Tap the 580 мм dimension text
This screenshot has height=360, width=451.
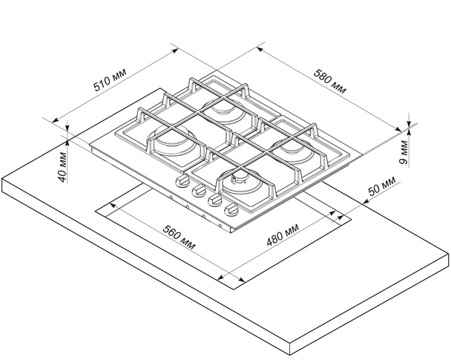[x=330, y=80]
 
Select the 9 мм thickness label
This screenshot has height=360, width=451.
[x=403, y=151]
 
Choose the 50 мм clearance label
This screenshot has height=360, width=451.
[x=383, y=189]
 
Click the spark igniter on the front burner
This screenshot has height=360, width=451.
[x=239, y=177]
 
